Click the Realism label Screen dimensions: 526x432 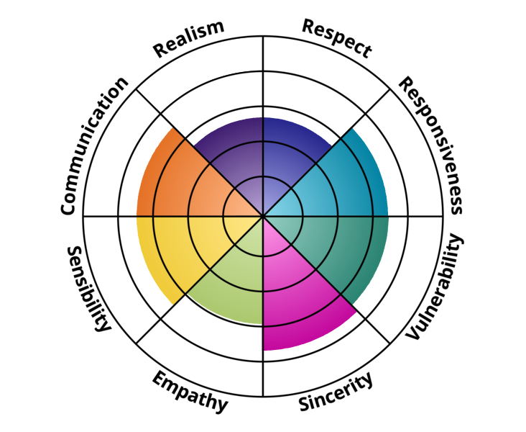point(189,39)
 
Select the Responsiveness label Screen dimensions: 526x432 point(430,145)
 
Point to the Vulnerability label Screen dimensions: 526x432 point(435,287)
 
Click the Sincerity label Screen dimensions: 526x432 point(336,392)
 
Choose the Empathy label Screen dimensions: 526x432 point(190,392)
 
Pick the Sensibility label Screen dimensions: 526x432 point(88,289)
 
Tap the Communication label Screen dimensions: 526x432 point(94,145)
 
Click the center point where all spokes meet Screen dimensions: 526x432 point(263,216)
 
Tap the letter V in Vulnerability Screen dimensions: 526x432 point(413,333)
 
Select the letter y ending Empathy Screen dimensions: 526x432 point(221,405)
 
